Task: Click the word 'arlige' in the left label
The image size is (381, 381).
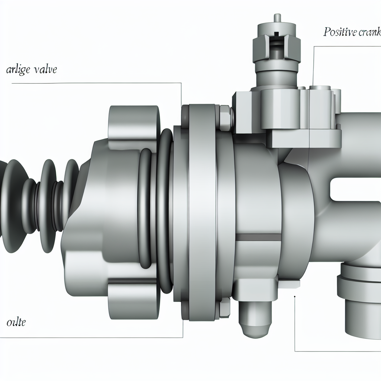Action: tap(19, 70)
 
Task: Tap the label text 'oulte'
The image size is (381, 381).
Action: tap(16, 322)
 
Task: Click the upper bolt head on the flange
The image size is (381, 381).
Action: tap(225, 118)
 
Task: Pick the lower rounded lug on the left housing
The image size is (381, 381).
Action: tap(133, 298)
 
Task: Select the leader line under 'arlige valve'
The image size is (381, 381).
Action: tap(93, 83)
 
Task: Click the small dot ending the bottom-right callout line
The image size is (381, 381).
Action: tap(295, 297)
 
